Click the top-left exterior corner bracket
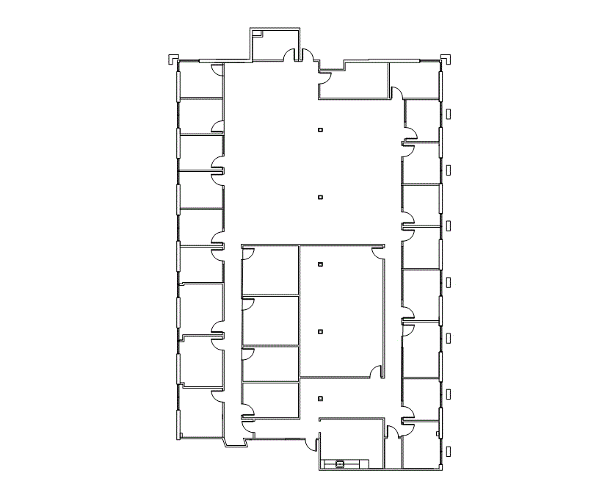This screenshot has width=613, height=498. click(x=172, y=57)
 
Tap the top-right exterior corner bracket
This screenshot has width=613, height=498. click(x=446, y=57)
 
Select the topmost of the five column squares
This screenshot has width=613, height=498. click(x=320, y=130)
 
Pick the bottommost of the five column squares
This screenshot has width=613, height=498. click(x=320, y=399)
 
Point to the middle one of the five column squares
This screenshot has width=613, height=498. click(x=320, y=264)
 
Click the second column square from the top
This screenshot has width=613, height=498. click(x=320, y=197)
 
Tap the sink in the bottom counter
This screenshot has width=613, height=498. click(x=340, y=463)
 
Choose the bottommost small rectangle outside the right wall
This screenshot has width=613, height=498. click(x=449, y=450)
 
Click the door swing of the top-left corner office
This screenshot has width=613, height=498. click(x=218, y=70)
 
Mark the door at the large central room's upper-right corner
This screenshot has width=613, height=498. click(x=377, y=253)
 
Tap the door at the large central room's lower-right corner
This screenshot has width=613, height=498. click(x=377, y=373)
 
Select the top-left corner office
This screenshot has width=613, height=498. click(x=200, y=79)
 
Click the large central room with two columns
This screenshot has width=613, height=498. click(x=341, y=308)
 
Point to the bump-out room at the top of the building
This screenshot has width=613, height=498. click(x=275, y=44)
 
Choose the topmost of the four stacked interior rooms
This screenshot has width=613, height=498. click(x=270, y=270)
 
